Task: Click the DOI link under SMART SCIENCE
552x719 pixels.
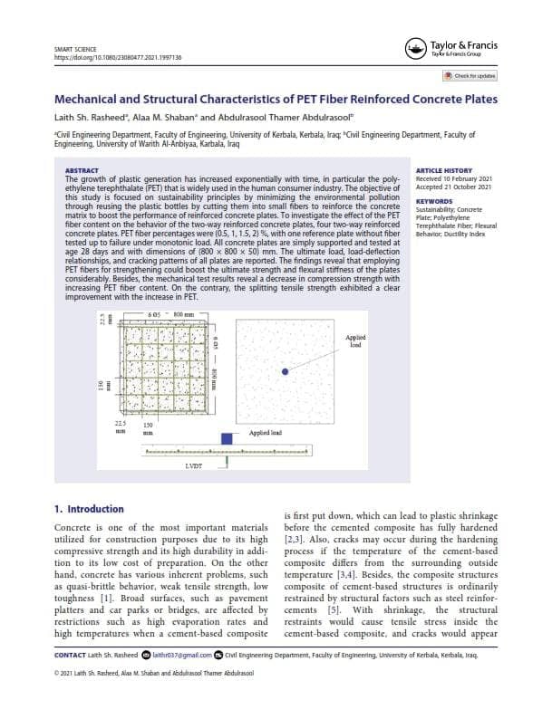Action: (119, 57)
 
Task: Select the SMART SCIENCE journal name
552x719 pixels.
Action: (76, 48)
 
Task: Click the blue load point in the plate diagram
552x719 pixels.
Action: (284, 372)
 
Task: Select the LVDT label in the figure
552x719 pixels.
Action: (194, 465)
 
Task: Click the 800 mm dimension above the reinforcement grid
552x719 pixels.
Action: (184, 313)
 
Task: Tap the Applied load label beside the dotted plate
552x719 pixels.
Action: (355, 341)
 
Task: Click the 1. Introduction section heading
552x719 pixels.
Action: (89, 509)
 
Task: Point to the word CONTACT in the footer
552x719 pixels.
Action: (70, 654)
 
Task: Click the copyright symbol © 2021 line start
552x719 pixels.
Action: (57, 673)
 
